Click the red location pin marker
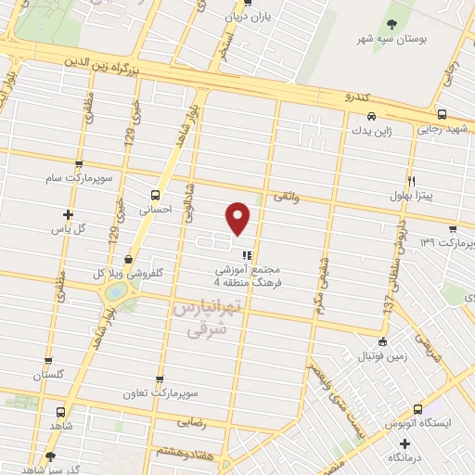pyautogui.click(x=238, y=218)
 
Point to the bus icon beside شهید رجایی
pyautogui.click(x=442, y=115)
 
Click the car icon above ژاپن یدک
pyautogui.click(x=371, y=117)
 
